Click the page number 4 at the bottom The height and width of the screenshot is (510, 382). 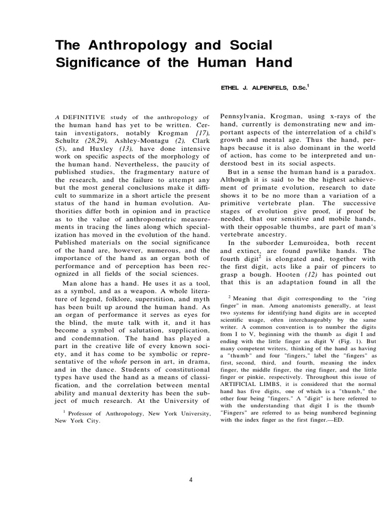(x=191, y=480)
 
